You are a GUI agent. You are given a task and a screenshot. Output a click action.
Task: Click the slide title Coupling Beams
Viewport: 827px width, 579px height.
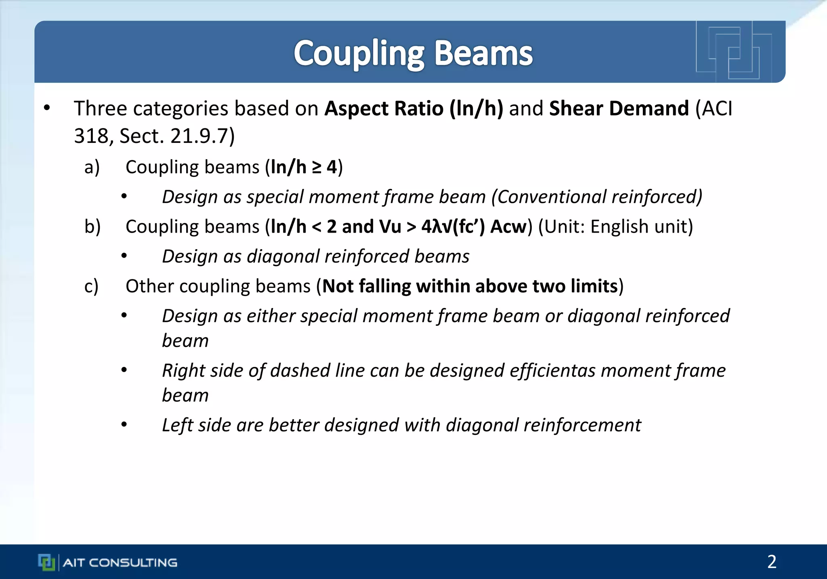(413, 53)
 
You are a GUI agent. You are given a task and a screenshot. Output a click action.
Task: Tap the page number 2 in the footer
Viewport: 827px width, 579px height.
(771, 562)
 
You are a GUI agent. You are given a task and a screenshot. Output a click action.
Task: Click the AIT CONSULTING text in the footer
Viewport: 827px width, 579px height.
(120, 562)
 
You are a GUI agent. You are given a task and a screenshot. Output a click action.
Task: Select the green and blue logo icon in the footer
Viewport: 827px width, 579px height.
(46, 562)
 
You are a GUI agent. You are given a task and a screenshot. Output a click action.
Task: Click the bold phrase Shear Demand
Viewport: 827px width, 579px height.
(619, 108)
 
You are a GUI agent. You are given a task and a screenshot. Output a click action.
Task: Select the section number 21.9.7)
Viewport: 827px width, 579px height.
(202, 136)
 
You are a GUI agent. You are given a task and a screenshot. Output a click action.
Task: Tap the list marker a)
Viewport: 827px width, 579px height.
(92, 167)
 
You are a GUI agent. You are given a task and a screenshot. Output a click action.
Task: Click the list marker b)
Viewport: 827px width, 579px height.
(92, 227)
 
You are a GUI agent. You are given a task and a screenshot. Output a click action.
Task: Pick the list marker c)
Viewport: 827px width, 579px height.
(92, 286)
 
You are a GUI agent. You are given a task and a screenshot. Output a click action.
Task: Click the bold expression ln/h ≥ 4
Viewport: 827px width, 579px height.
(304, 167)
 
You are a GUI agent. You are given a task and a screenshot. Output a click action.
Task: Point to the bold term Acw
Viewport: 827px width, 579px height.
(508, 227)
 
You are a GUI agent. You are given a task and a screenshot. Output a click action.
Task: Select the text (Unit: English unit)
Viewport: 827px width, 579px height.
(615, 227)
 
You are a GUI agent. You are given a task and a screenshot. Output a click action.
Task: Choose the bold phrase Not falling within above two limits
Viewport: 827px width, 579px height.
(470, 286)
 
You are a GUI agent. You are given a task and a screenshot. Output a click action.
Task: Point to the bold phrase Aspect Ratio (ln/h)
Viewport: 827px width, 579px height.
(413, 108)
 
